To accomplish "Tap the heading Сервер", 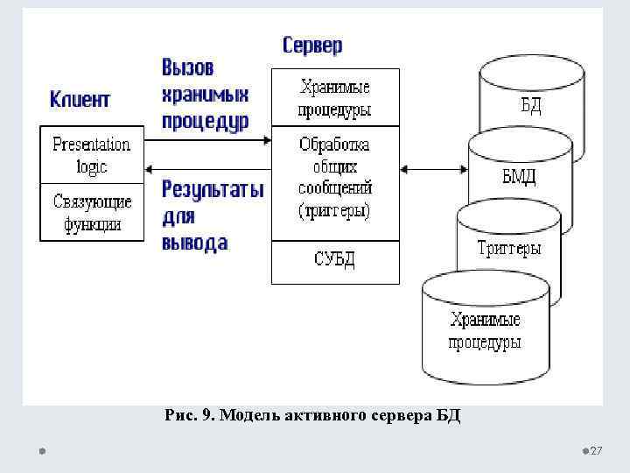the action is click(312, 45).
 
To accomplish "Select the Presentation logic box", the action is click(91, 154).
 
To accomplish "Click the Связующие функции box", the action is click(91, 212).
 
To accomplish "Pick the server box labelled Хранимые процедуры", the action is click(334, 98).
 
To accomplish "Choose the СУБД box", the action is click(334, 260).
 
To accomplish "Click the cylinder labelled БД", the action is click(531, 106).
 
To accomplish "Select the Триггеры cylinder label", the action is click(509, 248).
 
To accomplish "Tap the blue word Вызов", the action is click(188, 67).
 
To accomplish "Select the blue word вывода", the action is click(194, 243).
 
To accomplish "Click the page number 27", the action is click(597, 450).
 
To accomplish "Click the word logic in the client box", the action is click(91, 165).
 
